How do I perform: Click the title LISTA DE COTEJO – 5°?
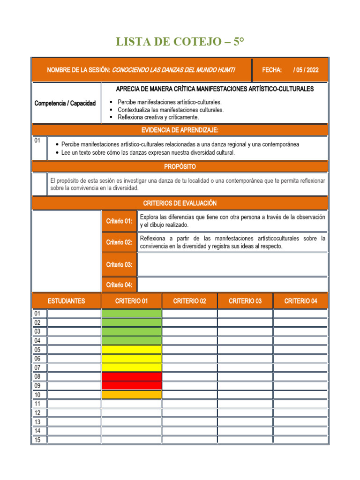(180, 43)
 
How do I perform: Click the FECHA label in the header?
(271, 70)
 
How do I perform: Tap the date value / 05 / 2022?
(306, 70)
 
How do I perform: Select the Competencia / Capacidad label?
(65, 103)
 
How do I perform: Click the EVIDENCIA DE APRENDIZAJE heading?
(180, 130)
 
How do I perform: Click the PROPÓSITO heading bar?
(180, 166)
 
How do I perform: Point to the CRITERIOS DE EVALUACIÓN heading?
(180, 203)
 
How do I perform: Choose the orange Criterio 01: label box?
(119, 221)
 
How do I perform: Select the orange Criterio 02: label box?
(119, 242)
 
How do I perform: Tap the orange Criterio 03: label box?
(119, 265)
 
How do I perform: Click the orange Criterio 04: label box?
(119, 285)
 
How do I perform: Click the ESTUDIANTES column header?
(66, 301)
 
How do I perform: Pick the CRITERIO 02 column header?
(189, 301)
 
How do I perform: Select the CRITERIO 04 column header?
(300, 301)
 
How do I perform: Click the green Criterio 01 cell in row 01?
(131, 314)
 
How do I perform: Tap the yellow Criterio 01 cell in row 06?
(131, 359)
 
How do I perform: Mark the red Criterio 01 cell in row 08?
(131, 376)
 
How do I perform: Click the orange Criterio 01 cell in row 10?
(131, 395)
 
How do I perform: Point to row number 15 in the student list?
(38, 440)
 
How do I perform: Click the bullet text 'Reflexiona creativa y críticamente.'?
(158, 117)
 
